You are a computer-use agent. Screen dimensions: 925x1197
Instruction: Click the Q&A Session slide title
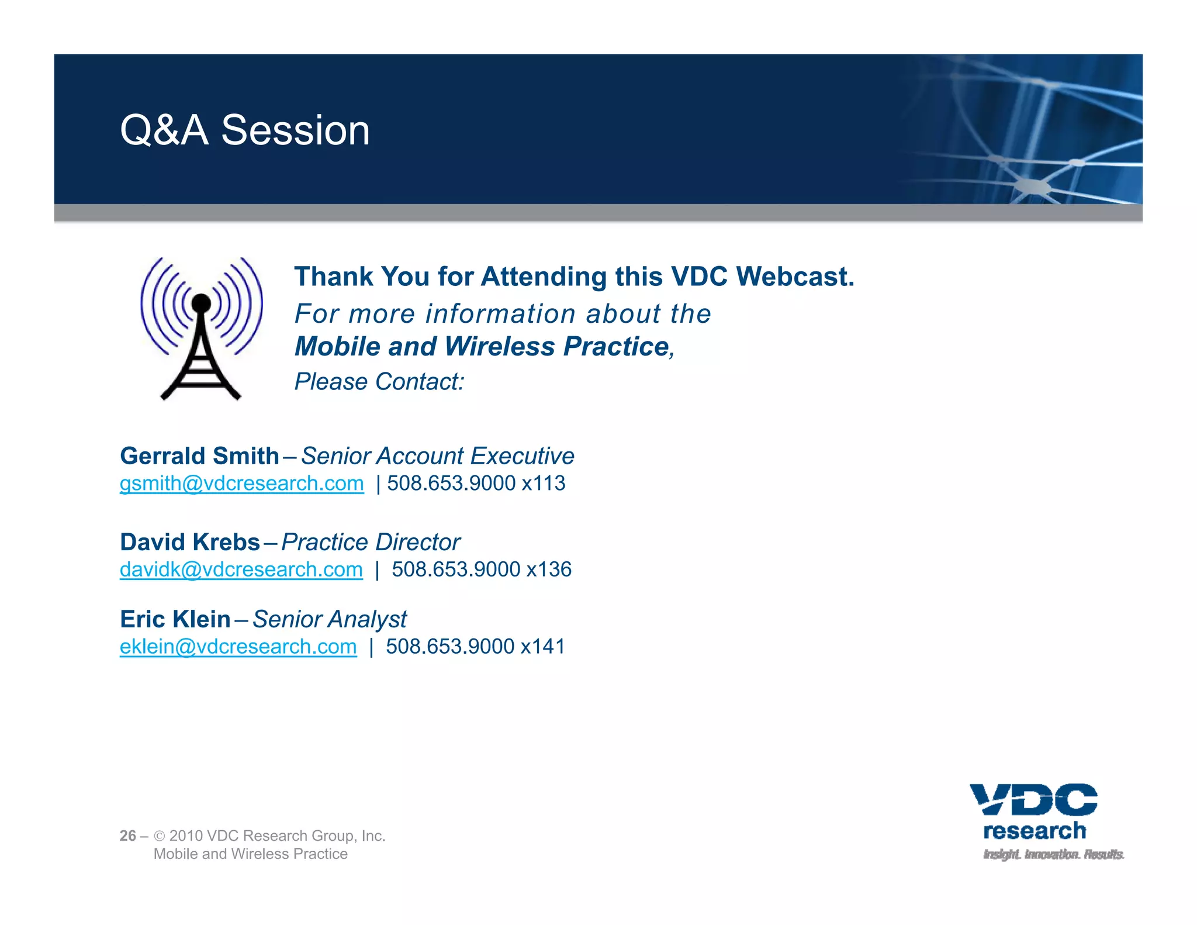tap(245, 130)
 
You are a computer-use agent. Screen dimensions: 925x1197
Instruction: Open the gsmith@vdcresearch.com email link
tap(241, 484)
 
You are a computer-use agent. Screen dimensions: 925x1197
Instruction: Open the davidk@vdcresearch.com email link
tap(241, 570)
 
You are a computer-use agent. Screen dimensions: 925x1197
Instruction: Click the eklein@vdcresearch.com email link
tap(238, 647)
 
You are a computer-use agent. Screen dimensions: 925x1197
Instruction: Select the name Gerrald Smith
tap(199, 456)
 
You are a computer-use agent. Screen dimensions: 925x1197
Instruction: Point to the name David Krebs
tap(189, 542)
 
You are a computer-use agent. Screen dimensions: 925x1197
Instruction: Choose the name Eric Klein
tap(175, 619)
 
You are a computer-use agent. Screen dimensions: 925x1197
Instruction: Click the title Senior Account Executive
tap(437, 456)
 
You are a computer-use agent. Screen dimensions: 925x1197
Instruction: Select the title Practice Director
tap(371, 542)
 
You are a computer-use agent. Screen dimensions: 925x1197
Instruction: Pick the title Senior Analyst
tap(329, 619)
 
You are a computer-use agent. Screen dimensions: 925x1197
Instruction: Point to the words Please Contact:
tap(379, 382)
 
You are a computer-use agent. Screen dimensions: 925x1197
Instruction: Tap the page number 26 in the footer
tap(127, 836)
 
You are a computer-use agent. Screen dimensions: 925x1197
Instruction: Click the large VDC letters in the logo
tap(1033, 800)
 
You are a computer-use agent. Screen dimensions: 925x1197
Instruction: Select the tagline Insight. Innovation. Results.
tap(1053, 855)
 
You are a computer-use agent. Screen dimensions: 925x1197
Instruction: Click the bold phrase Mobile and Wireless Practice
tap(482, 346)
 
